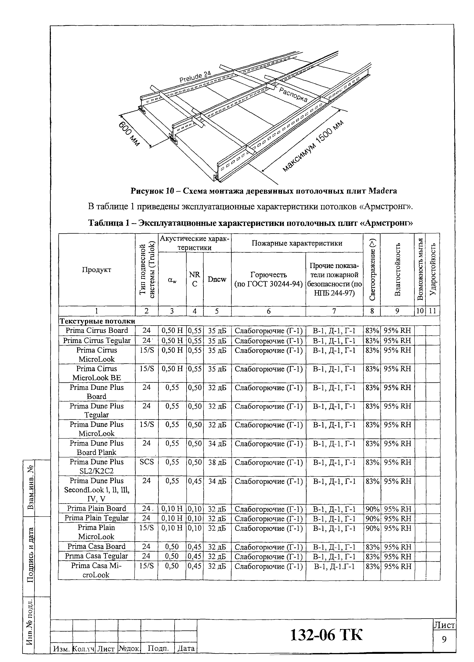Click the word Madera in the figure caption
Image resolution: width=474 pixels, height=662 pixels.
[x=383, y=191]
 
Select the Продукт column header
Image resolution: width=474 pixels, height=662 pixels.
[x=97, y=270]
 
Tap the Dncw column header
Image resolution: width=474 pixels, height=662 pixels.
[x=217, y=279]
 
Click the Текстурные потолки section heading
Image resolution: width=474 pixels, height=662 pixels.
[x=97, y=321]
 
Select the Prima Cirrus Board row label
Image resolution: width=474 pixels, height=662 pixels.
[x=97, y=330]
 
